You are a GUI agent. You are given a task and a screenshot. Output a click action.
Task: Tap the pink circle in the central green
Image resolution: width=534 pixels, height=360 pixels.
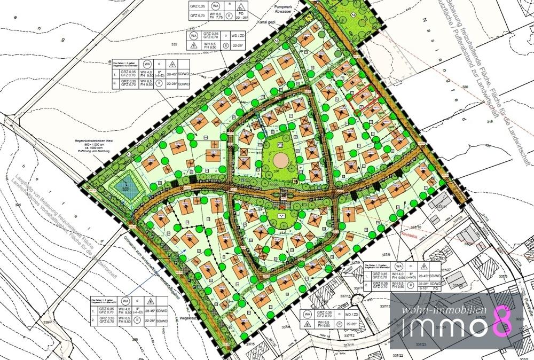tap(280, 159)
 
